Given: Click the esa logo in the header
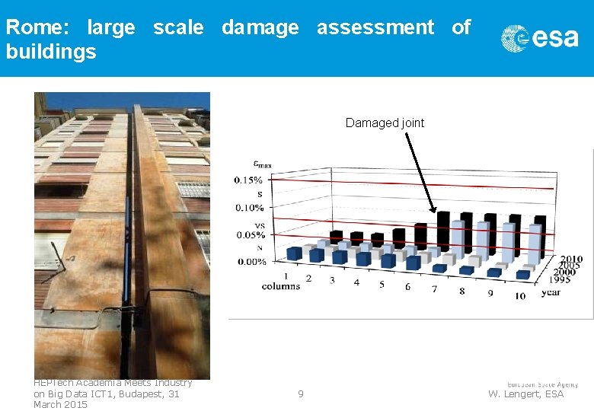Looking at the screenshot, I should click(539, 37).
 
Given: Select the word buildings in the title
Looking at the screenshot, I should click(51, 52).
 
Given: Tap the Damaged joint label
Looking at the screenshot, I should click(385, 123).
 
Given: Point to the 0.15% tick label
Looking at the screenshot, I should click(248, 180).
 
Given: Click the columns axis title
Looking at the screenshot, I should click(281, 286).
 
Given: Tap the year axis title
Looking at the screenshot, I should click(551, 292).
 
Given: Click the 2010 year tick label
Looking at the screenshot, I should click(571, 260).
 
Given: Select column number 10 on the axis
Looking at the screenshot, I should click(519, 295).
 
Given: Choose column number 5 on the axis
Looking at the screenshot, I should click(382, 285).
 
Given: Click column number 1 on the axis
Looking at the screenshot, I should click(286, 276).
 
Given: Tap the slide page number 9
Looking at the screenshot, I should click(301, 394).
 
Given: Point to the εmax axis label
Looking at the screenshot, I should click(263, 164).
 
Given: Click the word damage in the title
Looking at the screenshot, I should click(260, 28).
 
